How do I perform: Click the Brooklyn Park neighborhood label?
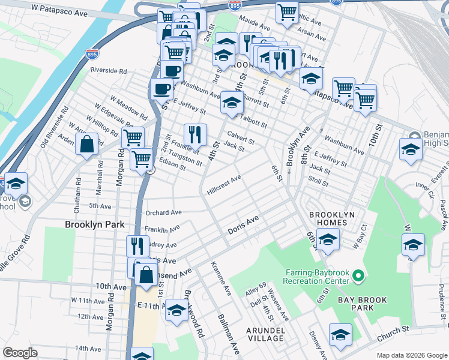[x=94, y=224]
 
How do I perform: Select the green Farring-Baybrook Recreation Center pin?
[x=358, y=277]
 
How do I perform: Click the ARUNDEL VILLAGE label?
[x=265, y=334]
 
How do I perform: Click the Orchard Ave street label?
[x=163, y=212]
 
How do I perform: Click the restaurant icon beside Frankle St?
[x=195, y=134]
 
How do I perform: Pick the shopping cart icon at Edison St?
[x=141, y=160]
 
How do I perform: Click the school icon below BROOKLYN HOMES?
[x=328, y=239]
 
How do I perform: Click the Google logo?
[x=20, y=353]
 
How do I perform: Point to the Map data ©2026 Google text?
[x=411, y=355]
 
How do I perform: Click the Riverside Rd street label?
[x=109, y=70]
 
